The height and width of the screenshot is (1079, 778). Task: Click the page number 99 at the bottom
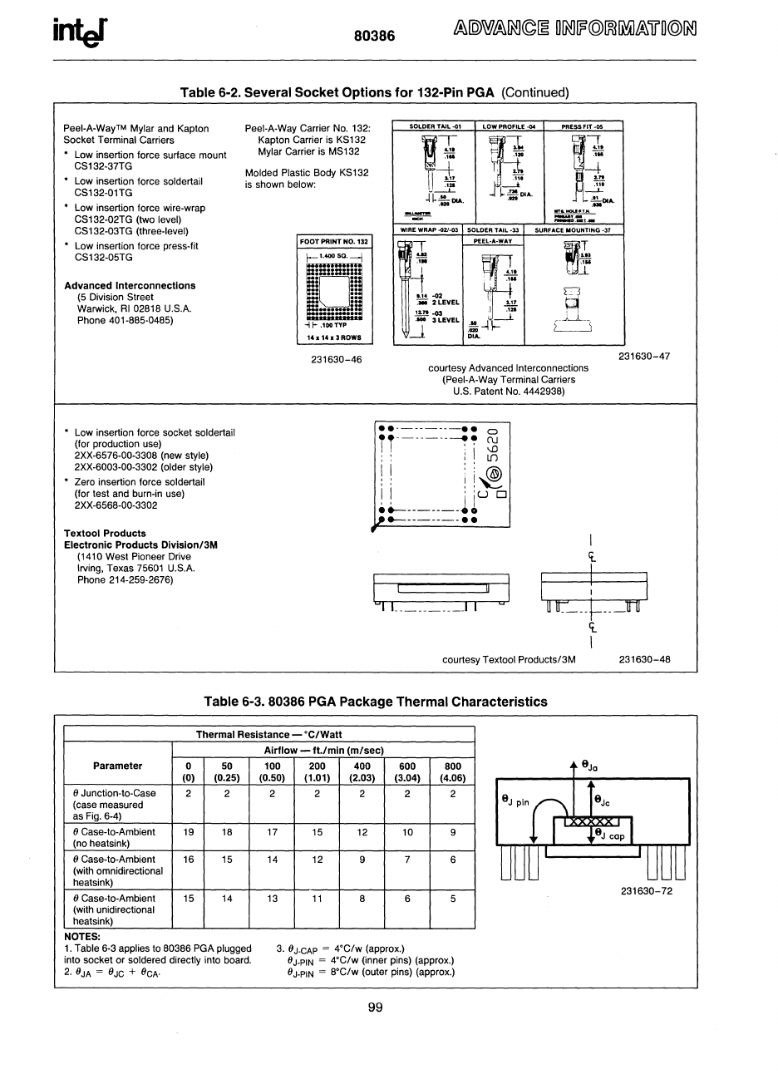point(375,1008)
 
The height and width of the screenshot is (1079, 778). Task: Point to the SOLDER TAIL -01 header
point(436,126)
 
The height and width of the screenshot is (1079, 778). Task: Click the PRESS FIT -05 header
point(582,126)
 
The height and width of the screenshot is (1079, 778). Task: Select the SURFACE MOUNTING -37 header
point(573,229)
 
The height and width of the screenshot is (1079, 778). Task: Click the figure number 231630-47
point(644,356)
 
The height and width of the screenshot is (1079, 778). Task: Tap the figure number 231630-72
point(646,891)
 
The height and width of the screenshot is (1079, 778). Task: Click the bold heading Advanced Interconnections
point(130,285)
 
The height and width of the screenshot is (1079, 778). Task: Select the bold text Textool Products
point(105,533)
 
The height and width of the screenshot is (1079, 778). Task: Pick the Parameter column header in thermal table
point(117,766)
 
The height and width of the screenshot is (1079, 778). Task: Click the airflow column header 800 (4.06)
point(452,771)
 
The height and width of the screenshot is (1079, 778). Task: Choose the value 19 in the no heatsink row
point(189,831)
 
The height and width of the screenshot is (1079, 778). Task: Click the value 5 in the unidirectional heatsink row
point(453,898)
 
